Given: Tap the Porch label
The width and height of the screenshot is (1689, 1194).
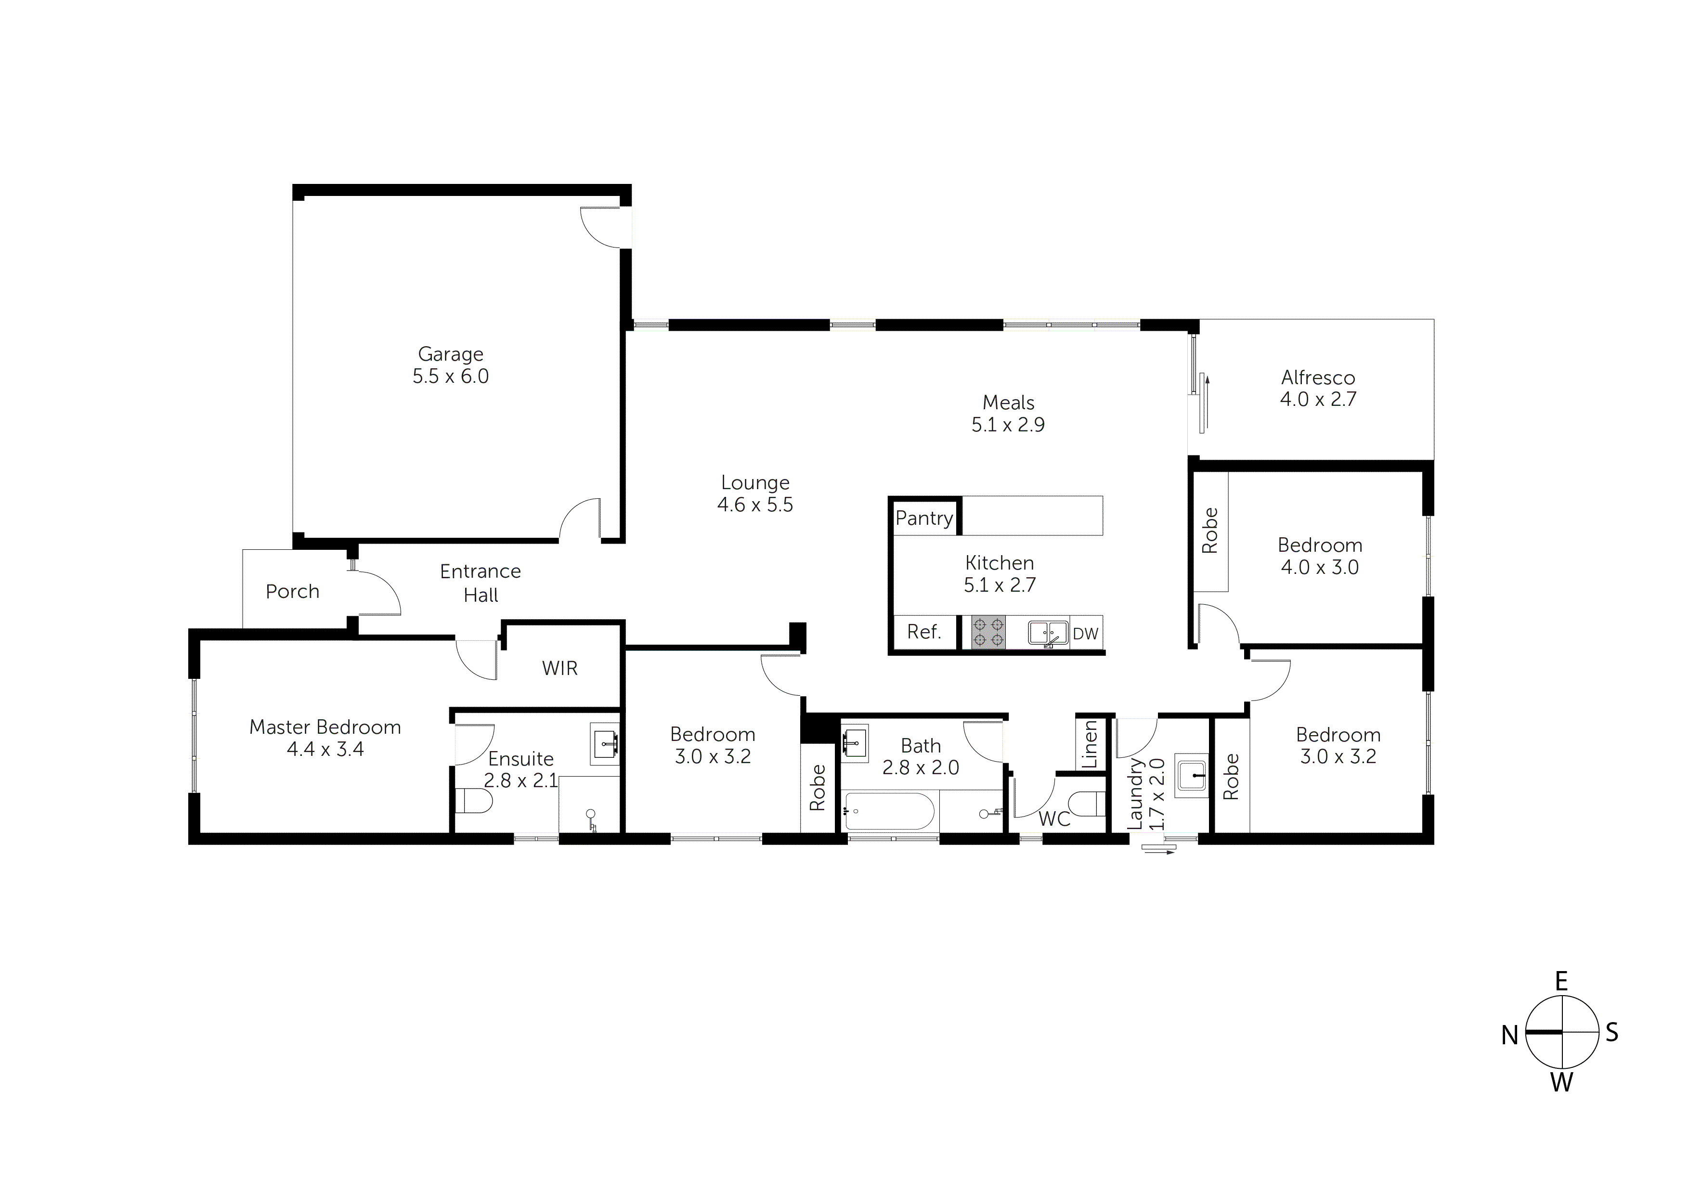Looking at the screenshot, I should tap(292, 592).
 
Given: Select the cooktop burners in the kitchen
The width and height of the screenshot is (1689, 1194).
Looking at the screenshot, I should tap(988, 633).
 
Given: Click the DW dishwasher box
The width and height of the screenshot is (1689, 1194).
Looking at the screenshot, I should tap(1085, 634).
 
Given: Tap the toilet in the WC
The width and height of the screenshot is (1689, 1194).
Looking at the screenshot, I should tap(1087, 804).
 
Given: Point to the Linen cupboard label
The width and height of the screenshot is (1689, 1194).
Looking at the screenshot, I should tap(1090, 744).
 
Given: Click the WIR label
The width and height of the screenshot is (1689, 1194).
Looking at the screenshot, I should tap(560, 668).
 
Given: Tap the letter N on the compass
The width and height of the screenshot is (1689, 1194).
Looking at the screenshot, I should tap(1509, 1036).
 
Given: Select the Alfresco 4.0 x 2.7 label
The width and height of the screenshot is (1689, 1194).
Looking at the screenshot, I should tap(1317, 389).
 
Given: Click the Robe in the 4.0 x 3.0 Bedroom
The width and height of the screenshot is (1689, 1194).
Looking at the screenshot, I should tap(1209, 531).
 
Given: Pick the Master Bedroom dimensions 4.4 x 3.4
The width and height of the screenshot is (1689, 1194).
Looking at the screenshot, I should tap(325, 749).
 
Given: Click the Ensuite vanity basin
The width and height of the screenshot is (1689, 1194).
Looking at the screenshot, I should tap(605, 744).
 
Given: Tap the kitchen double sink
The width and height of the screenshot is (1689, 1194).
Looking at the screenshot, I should tap(1048, 632).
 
